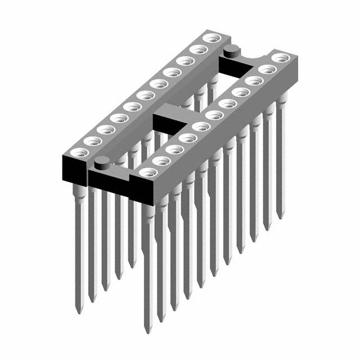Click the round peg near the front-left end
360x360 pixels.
pos(102,164)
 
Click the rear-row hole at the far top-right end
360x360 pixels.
pos(211,38)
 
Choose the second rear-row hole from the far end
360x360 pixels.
pos(197,49)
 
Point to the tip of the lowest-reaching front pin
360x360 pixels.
pos(148,331)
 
